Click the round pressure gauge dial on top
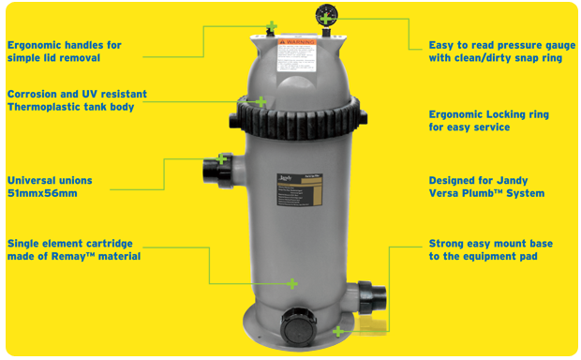click(323, 16)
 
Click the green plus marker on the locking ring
click(261, 101)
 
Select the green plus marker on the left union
click(222, 158)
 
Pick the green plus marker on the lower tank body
click(291, 283)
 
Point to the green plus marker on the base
click(338, 330)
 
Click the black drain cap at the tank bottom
click(297, 325)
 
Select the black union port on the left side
click(213, 173)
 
